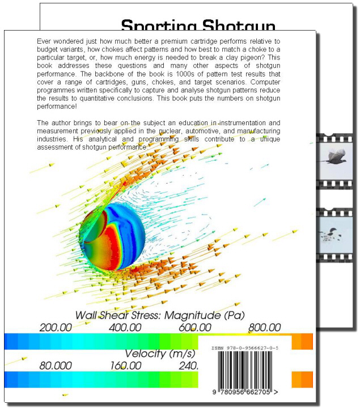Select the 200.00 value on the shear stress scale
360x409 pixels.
[x=55, y=327]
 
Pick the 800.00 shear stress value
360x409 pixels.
[x=264, y=327]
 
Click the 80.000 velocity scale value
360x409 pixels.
[x=56, y=365]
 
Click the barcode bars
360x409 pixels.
[x=245, y=370]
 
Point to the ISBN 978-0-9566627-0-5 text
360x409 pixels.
[x=245, y=349]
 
